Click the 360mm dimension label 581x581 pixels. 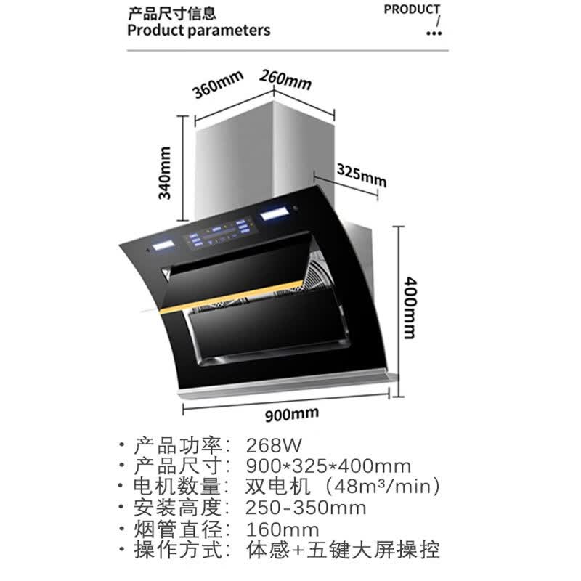[217, 85]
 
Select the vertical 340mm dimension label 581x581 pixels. [165, 173]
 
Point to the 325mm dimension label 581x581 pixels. [361, 175]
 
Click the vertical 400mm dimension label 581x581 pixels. [410, 307]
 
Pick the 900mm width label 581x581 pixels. [292, 414]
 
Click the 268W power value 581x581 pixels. [274, 445]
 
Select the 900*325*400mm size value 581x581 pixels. [328, 466]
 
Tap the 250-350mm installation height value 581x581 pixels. [306, 508]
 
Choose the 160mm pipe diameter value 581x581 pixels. [283, 529]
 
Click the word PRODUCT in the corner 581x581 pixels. [412, 9]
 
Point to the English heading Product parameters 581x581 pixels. [198, 31]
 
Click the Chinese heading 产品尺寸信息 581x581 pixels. [171, 14]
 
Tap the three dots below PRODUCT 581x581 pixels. [434, 33]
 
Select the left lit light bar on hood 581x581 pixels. [162, 245]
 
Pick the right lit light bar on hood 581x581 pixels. [275, 214]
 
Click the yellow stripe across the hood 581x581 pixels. [231, 298]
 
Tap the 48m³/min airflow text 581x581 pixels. [382, 487]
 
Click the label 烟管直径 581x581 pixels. [177, 529]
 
